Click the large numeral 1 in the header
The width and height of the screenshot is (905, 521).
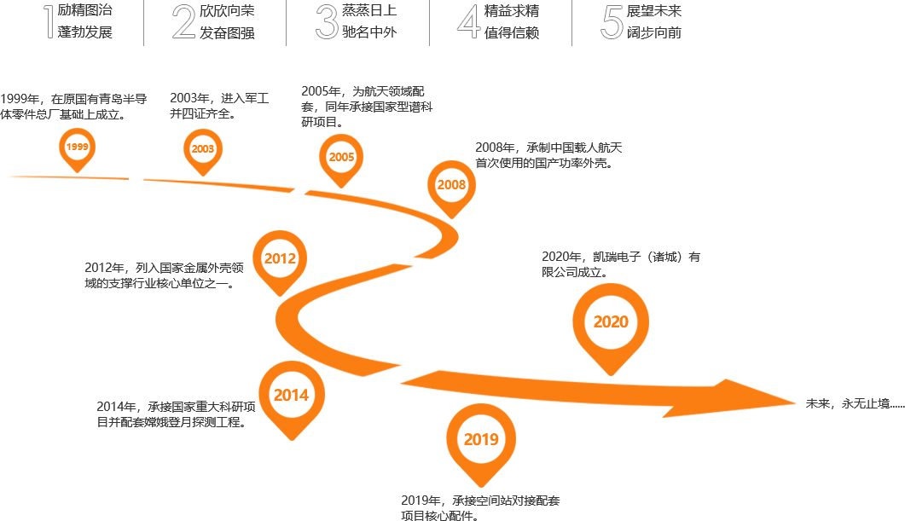[x=47, y=22]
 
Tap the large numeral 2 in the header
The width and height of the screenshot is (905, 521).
[x=184, y=22]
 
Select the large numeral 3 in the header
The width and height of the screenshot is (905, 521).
[x=326, y=22]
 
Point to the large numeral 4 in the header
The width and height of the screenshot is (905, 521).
[x=469, y=22]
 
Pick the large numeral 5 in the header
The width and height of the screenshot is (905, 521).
[x=612, y=22]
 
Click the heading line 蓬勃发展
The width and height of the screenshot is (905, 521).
[x=85, y=33]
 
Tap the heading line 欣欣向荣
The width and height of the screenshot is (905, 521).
[x=227, y=11]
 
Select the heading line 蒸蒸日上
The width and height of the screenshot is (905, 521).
[x=369, y=11]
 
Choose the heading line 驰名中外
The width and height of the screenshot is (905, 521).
[x=369, y=33]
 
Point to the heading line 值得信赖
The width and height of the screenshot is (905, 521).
[x=512, y=33]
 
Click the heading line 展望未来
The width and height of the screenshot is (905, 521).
[x=654, y=11]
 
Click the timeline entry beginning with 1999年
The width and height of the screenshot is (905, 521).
[x=73, y=106]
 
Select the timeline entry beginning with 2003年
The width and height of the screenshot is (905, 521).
[x=219, y=106]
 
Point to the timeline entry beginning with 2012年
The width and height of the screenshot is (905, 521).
[x=165, y=275]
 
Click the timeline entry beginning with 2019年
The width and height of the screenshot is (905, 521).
[x=480, y=507]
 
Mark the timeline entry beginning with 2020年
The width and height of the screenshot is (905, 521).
[x=621, y=264]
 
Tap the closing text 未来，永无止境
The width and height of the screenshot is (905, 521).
[x=854, y=403]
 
